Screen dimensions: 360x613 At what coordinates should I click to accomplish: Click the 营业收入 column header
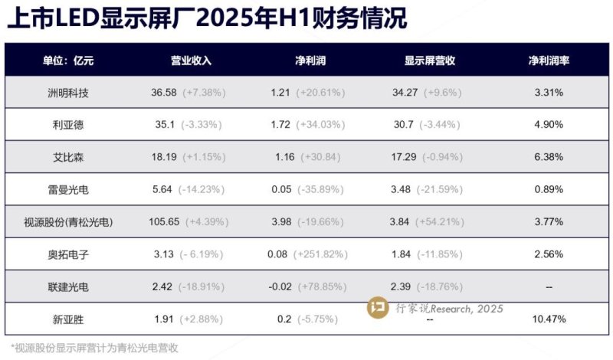190,60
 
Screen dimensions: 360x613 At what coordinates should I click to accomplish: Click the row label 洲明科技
68,92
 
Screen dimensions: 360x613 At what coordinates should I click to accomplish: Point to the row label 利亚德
68,124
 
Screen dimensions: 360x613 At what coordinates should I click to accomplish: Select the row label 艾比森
68,157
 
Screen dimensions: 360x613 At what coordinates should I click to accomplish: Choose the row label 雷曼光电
68,189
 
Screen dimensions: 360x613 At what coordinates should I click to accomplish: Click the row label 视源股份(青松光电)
68,222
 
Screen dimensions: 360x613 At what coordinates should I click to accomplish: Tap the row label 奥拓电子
68,254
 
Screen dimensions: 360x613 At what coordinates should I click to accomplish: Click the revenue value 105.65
163,222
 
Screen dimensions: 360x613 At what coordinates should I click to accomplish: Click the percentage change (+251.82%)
332,254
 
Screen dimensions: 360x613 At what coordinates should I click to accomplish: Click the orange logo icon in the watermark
378,309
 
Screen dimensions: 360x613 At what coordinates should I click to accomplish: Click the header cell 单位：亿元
68,60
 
